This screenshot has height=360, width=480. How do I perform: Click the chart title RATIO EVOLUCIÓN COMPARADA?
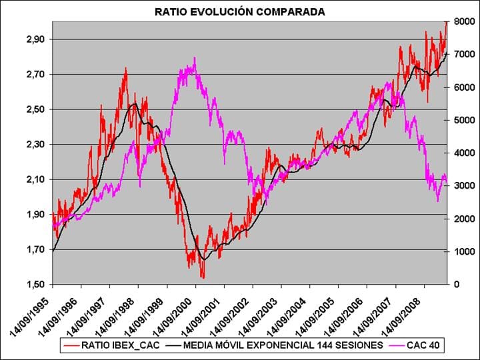(x=240, y=11)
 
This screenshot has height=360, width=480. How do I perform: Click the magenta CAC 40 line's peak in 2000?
(x=194, y=59)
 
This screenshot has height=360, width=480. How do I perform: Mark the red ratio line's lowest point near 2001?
(x=203, y=277)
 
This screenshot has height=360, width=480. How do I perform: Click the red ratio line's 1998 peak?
(x=125, y=68)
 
